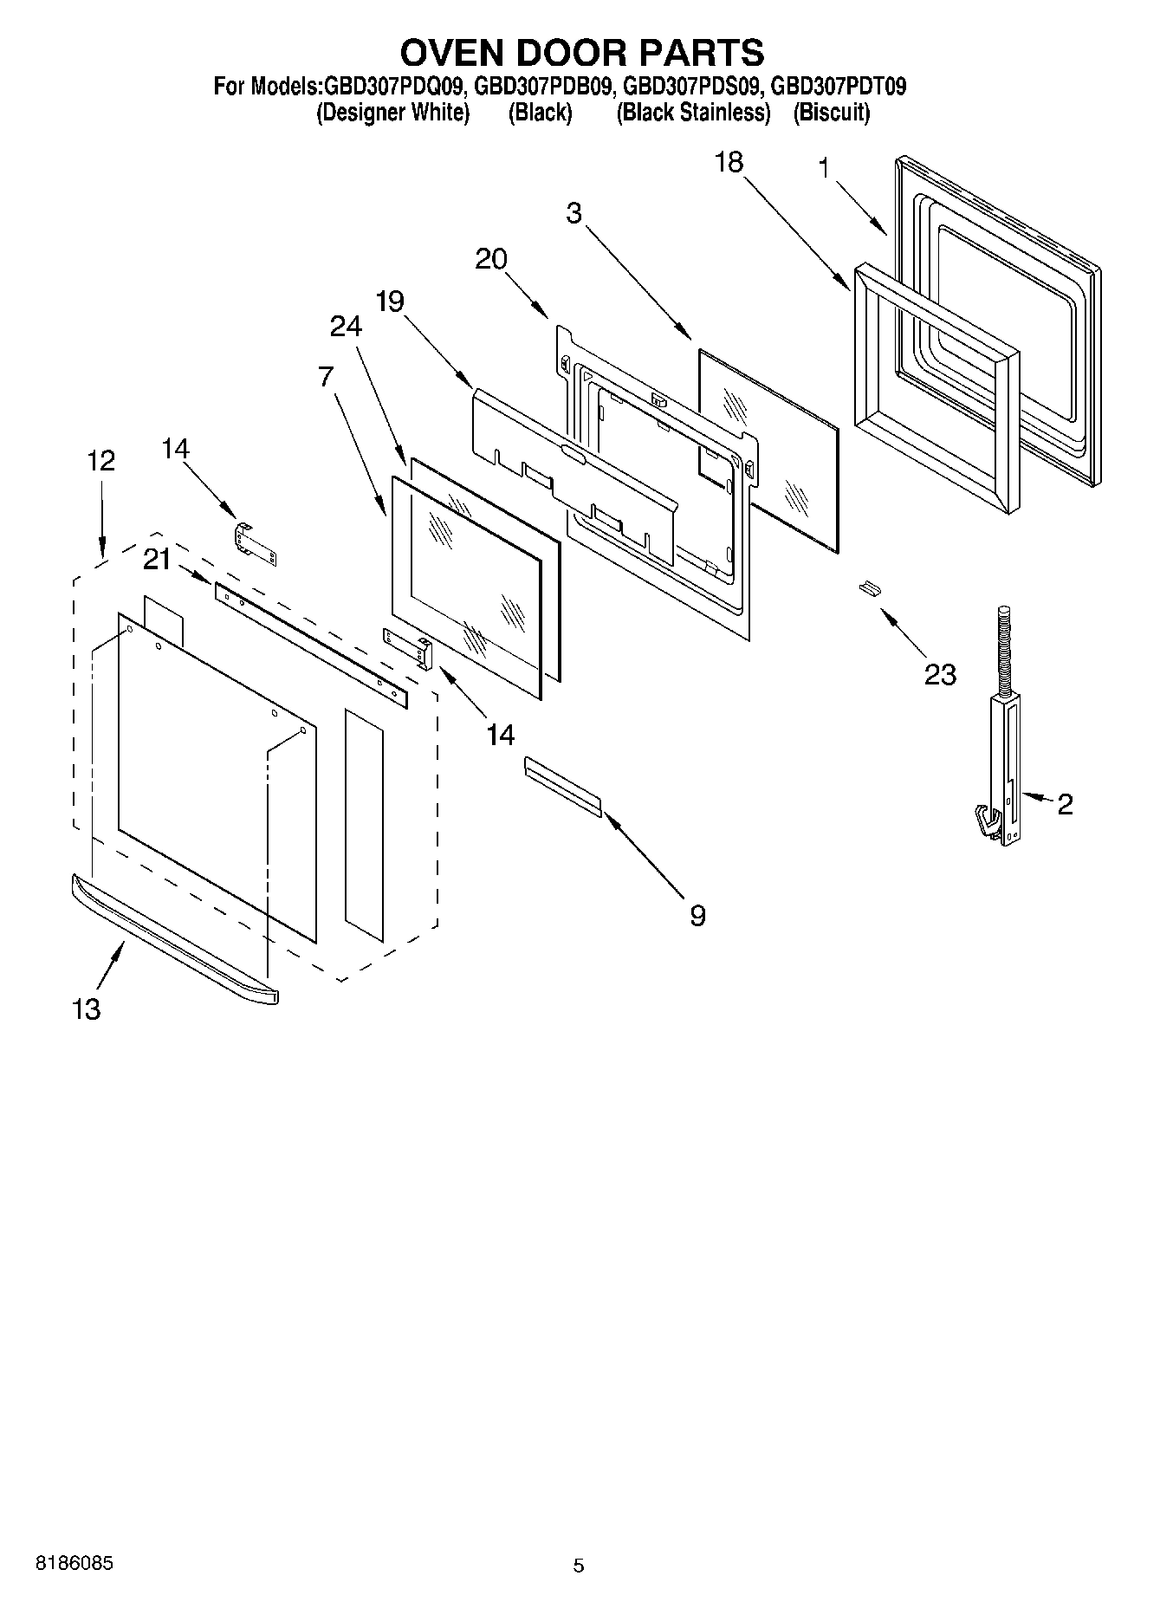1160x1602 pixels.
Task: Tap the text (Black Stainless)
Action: [x=693, y=113]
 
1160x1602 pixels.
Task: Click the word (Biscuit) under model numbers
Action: [x=831, y=113]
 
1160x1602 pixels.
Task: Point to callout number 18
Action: [x=729, y=162]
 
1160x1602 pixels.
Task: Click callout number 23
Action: [x=940, y=673]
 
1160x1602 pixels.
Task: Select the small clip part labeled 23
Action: [x=869, y=588]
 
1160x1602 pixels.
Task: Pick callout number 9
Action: [x=698, y=915]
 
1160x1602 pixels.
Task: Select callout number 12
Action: [x=101, y=460]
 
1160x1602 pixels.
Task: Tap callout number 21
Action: [x=157, y=561]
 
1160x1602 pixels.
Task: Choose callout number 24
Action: [x=346, y=326]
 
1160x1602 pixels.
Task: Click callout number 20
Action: [x=491, y=258]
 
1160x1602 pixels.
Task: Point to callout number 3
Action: [x=574, y=213]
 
